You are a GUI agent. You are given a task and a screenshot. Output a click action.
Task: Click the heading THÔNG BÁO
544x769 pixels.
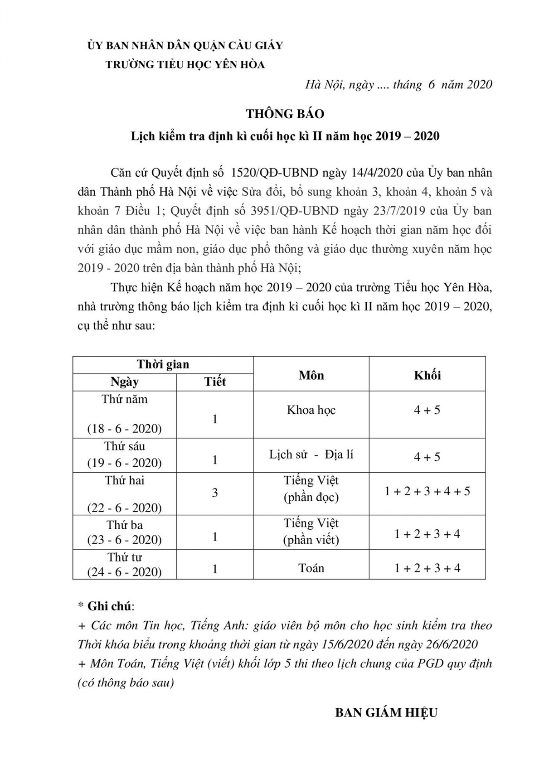(285, 114)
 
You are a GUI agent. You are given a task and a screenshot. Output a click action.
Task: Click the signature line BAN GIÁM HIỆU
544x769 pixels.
(386, 712)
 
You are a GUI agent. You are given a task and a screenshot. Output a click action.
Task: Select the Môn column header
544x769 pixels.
(311, 375)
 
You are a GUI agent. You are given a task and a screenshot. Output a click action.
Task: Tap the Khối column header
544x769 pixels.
(427, 375)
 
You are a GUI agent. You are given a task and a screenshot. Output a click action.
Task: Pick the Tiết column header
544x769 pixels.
(215, 382)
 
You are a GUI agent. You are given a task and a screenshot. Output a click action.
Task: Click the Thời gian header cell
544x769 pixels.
(163, 365)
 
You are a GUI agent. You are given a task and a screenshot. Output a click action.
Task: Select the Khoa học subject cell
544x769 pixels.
(311, 410)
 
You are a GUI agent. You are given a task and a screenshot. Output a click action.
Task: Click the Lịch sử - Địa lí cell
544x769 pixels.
(311, 455)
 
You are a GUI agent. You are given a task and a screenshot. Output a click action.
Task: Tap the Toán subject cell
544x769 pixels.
(311, 568)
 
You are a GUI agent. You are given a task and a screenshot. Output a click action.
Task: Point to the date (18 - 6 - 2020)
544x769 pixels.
(124, 429)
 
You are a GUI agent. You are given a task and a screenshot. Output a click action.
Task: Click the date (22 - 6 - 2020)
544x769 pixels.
(124, 508)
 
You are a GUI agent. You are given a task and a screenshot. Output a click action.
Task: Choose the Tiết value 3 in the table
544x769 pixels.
(215, 492)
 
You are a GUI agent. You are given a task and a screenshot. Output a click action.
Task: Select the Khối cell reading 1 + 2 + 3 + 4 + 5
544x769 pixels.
(427, 491)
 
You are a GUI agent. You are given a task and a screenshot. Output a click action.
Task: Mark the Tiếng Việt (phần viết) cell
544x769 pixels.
(311, 531)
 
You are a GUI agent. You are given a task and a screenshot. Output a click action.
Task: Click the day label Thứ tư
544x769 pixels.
(124, 557)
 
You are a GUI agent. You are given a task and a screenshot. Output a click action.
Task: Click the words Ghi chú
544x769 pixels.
(109, 606)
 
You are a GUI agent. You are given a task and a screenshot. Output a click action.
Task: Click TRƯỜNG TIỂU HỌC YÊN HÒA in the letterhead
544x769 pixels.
(185, 64)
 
